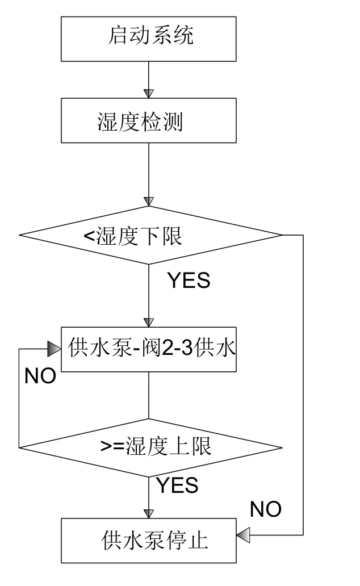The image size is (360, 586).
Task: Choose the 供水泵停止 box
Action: [x=149, y=540]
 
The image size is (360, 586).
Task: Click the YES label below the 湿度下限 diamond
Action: [x=188, y=281]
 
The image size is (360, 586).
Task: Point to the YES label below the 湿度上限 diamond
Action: [x=177, y=485]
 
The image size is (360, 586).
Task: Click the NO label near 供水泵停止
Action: [x=265, y=509]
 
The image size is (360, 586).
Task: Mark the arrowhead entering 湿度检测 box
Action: [x=149, y=93]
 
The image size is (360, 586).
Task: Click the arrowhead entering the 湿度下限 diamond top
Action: [x=149, y=202]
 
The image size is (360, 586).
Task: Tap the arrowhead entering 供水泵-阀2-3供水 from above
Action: [x=149, y=322]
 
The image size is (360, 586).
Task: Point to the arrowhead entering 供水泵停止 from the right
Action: [x=244, y=534]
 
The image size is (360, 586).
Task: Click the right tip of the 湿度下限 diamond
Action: [x=281, y=235]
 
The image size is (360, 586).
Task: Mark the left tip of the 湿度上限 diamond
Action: [x=20, y=446]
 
